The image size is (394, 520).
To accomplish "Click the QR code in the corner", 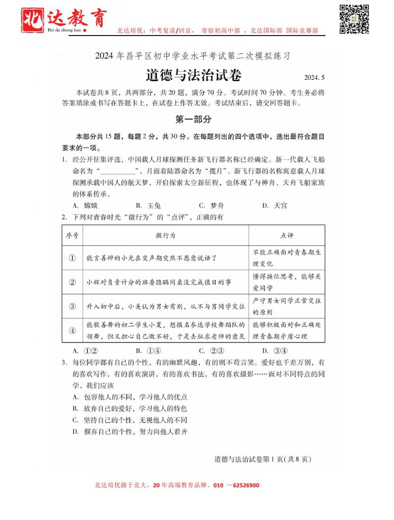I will point(354,19).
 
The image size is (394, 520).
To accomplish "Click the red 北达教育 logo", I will point(64,19).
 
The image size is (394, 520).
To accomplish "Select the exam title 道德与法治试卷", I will point(194,75).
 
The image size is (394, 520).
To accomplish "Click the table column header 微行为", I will point(166,236).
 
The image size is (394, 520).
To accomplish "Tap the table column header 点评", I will point(287,236).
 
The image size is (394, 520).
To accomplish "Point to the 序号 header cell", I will point(72,236).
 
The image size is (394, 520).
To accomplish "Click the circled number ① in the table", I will point(72,258).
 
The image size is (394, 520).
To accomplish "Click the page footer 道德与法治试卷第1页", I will point(262,459).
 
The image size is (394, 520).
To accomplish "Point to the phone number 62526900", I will point(243,485).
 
